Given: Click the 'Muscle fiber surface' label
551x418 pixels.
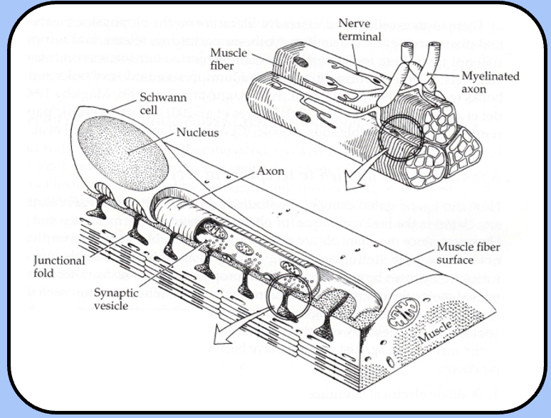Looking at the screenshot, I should click(466, 253).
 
